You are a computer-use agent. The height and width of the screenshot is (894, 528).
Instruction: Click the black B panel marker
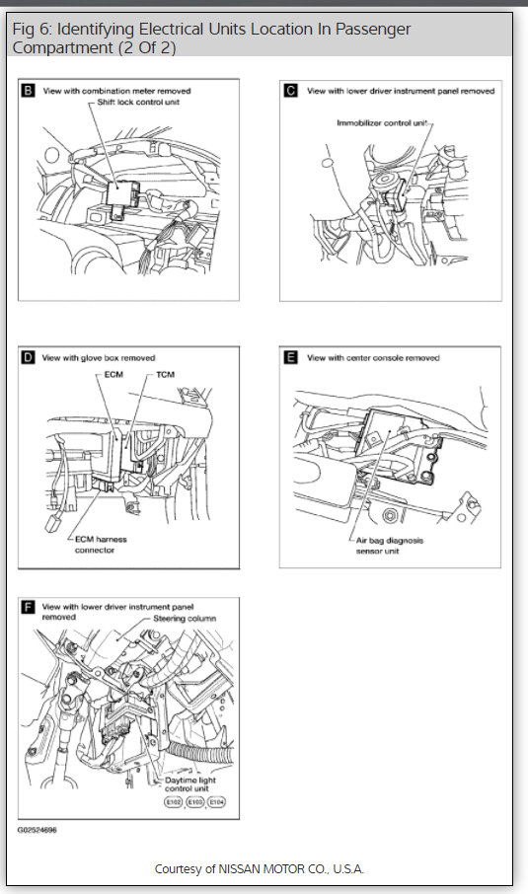point(28,90)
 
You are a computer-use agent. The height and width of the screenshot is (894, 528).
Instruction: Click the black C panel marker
point(291,90)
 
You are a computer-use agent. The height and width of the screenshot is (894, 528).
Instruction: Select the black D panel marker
point(28,357)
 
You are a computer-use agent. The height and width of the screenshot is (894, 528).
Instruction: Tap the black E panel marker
point(291,357)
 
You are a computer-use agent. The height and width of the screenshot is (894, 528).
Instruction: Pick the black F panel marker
point(28,607)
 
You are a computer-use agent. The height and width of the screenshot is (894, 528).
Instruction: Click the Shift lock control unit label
point(138,102)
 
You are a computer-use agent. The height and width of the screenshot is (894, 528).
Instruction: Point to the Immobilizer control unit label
point(382,122)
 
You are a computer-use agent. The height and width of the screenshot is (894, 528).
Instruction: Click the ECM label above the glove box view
point(113,375)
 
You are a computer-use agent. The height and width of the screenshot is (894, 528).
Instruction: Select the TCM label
point(165,375)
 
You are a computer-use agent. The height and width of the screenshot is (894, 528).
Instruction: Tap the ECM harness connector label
point(101,545)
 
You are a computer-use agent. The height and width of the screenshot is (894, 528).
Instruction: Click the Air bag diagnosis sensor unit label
point(390,546)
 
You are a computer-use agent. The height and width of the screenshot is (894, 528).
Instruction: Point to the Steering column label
point(185,618)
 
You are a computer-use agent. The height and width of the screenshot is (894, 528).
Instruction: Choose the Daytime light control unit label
point(190,783)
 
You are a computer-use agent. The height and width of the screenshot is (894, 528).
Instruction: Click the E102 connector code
point(174,801)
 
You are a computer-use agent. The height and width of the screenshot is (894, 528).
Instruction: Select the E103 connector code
point(195,801)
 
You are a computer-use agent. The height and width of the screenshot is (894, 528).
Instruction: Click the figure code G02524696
point(38,830)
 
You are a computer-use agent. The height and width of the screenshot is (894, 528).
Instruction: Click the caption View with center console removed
point(373,358)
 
